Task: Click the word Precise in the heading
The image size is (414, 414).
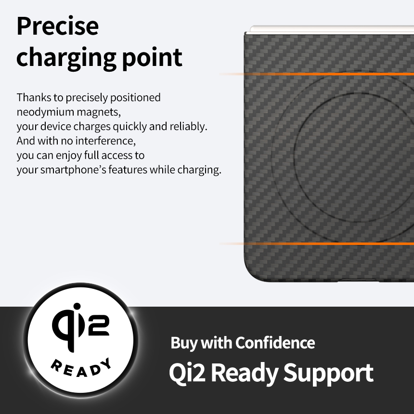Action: tap(58, 26)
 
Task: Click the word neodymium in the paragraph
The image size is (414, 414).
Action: tap(45, 112)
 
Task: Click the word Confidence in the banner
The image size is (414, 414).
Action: tap(275, 343)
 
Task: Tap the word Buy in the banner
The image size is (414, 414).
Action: tap(184, 343)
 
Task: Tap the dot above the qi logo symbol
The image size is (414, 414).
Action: tap(77, 307)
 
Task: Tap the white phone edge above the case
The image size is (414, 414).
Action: tap(332, 29)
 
